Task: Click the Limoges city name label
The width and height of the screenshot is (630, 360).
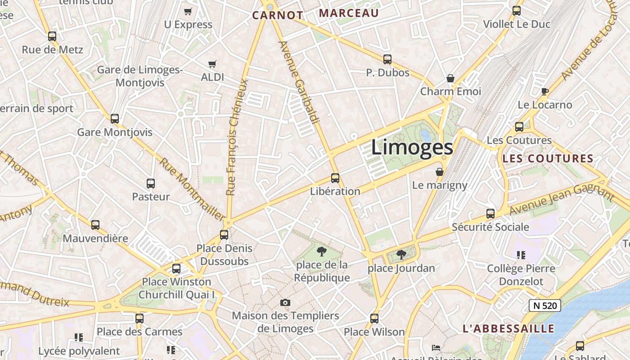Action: (412, 148)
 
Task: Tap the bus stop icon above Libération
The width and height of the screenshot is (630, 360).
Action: (335, 178)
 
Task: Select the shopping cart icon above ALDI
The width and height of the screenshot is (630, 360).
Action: (212, 64)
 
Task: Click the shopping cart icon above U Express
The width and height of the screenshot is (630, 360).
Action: (188, 11)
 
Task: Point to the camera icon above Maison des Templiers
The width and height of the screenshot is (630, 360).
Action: (285, 302)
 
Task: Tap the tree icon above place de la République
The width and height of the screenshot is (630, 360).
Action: (321, 251)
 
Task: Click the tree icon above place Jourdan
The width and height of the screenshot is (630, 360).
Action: (401, 255)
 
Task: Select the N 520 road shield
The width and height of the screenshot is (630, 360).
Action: (545, 306)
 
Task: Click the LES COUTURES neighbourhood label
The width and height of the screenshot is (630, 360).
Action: (548, 158)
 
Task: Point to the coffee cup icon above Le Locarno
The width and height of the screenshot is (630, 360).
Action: (544, 92)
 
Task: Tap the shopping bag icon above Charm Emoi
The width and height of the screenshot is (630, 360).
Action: (450, 78)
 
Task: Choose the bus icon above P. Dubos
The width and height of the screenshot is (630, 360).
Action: (387, 59)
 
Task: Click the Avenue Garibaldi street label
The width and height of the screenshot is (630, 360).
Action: (299, 83)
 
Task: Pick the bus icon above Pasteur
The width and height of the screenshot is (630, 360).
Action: (151, 184)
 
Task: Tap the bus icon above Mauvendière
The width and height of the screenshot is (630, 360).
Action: (95, 225)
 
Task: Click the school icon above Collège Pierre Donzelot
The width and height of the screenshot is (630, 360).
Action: (521, 255)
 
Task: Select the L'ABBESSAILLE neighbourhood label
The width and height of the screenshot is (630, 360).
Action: (508, 328)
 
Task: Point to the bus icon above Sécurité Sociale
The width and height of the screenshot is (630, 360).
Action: (490, 214)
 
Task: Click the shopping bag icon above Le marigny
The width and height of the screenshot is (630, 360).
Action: (440, 172)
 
